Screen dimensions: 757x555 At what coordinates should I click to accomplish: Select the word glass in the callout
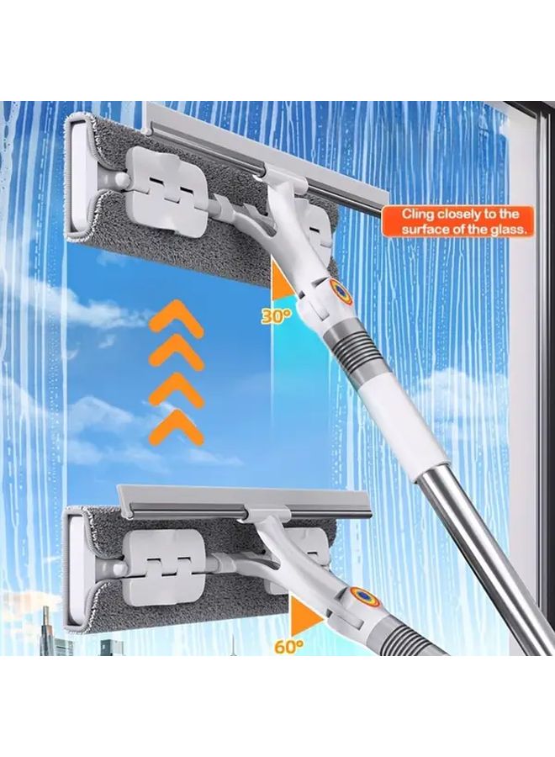click(x=506, y=229)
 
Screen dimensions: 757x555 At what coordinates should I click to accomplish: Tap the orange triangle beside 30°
click(x=283, y=281)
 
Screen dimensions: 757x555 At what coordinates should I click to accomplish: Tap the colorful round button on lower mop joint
click(x=363, y=597)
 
